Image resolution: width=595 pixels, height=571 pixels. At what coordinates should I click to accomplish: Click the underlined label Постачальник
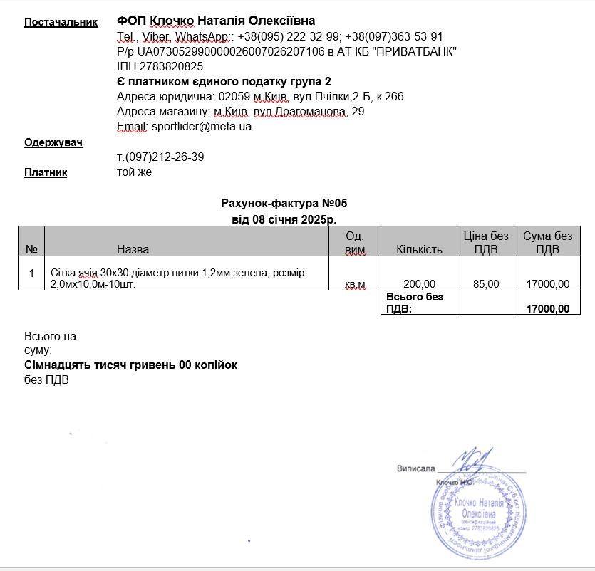61,22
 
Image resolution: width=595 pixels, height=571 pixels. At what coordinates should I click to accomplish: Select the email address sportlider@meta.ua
202,127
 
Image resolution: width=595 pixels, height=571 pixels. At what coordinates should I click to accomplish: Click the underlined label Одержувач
53,142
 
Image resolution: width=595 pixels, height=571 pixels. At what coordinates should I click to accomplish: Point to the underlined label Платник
46,172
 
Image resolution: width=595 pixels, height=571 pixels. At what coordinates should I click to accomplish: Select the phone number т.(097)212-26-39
160,157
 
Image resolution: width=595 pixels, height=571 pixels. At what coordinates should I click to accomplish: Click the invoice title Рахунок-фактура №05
284,204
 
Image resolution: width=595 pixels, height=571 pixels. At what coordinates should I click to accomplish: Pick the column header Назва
133,249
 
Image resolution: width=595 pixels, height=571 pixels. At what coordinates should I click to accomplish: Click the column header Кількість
419,249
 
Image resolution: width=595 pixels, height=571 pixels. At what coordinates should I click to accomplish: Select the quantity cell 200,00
419,284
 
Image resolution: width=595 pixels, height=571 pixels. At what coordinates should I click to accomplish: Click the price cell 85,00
485,284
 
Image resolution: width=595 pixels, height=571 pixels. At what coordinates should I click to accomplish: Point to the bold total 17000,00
547,308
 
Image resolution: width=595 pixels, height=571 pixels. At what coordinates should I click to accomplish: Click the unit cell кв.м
355,284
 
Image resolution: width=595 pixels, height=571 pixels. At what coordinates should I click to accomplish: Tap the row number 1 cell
31,273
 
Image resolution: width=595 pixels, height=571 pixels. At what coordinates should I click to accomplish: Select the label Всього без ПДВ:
414,303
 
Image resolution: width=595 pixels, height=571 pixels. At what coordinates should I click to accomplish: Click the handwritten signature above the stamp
475,461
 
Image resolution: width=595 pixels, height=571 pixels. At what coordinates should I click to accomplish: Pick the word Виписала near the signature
415,468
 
